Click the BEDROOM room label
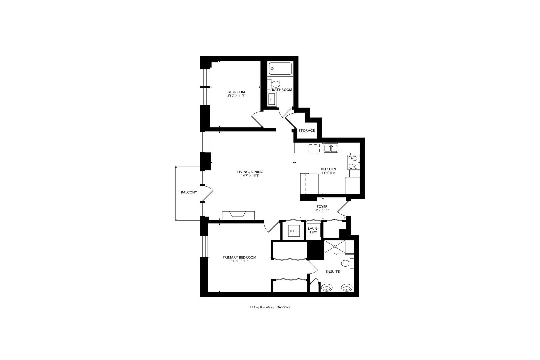pyautogui.click(x=236, y=92)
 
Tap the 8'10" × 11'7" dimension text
pyautogui.click(x=236, y=96)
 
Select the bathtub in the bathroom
pyautogui.click(x=280, y=69)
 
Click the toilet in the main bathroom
pyautogui.click(x=275, y=84)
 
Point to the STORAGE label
pyautogui.click(x=306, y=131)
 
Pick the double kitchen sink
pyautogui.click(x=331, y=148)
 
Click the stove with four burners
pyautogui.click(x=353, y=162)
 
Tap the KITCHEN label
pyautogui.click(x=328, y=169)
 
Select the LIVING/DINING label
pyautogui.click(x=250, y=172)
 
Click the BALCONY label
pyautogui.click(x=189, y=192)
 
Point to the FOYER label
pyautogui.click(x=322, y=207)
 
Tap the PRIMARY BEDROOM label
pyautogui.click(x=239, y=257)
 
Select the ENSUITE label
pyautogui.click(x=333, y=272)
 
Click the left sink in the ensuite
pyautogui.click(x=326, y=288)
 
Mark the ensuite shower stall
pyautogui.click(x=335, y=247)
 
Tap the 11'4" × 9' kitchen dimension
pyautogui.click(x=328, y=173)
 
